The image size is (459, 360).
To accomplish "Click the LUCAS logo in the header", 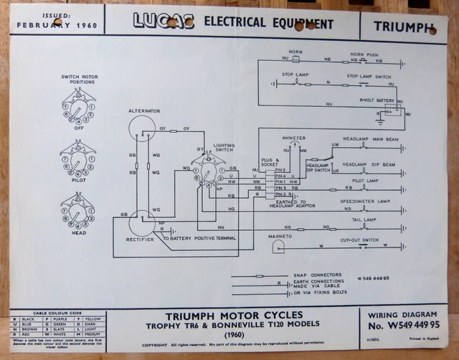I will tap(164, 21).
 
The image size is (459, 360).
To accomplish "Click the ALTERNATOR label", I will tap(143, 111).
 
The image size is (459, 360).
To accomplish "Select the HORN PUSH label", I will tap(364, 55).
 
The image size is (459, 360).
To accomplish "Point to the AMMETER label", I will tap(294, 138).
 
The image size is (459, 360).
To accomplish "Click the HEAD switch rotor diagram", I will tap(77, 211).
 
